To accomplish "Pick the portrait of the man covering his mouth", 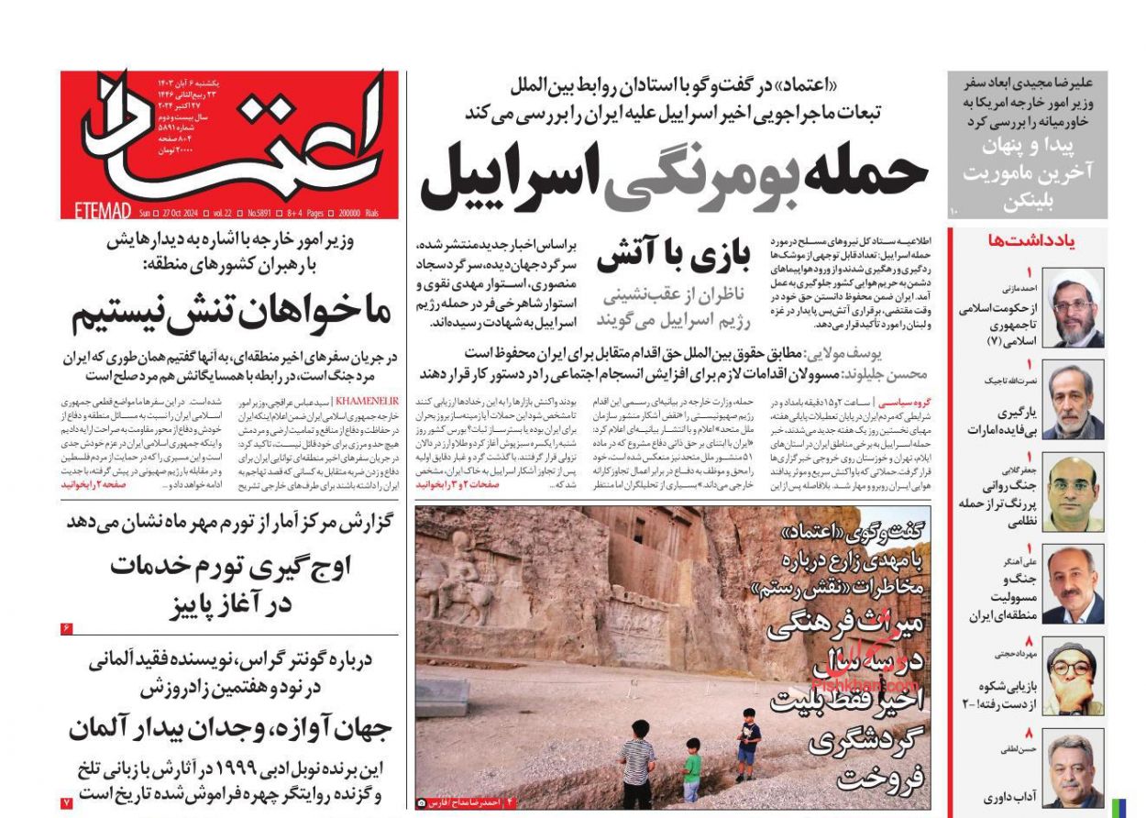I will coord(1073,677).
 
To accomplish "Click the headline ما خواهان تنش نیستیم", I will coord(232,314).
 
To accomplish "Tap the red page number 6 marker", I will coord(67,628).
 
